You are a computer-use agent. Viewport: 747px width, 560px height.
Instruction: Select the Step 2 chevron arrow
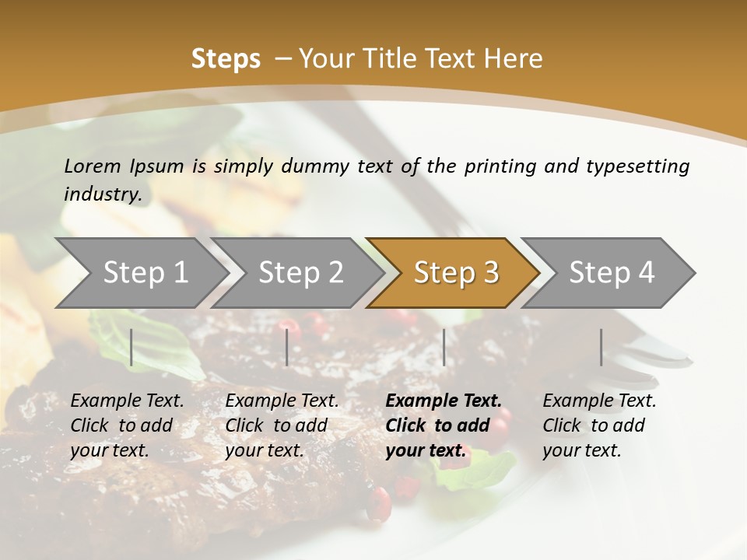point(300,273)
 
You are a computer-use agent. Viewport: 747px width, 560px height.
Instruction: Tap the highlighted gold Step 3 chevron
point(456,273)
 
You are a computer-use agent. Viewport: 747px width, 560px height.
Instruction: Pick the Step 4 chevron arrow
point(612,273)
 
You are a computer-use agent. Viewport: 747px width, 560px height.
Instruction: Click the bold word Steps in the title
point(226,59)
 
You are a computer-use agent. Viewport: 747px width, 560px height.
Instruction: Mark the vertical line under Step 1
point(132,347)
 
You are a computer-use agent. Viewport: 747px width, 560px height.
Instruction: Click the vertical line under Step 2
point(287,347)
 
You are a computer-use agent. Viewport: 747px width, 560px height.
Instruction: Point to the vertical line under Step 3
point(444,347)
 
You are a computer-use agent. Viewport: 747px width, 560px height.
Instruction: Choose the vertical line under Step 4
point(601,347)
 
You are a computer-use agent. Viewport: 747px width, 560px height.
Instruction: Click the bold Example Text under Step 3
point(444,401)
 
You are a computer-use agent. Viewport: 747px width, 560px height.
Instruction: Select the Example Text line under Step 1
point(127,401)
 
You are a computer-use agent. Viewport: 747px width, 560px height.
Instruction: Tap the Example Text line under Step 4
point(599,401)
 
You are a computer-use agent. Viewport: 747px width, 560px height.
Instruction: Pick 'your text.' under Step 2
point(265,450)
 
